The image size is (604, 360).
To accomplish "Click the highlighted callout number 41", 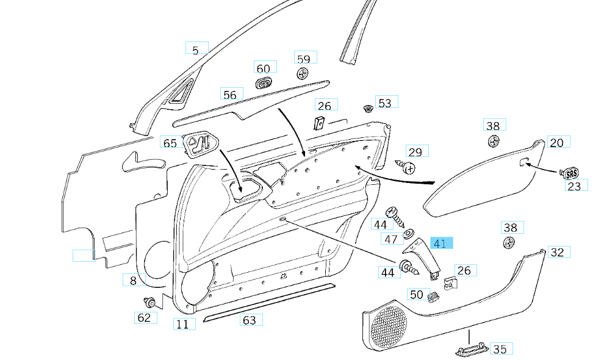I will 440,243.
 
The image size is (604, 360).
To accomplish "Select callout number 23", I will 574,186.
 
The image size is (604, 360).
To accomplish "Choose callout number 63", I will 250,320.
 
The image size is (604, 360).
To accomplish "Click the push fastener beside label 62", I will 149,303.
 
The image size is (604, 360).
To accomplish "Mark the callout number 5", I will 196,50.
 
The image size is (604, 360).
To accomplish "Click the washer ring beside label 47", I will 409,233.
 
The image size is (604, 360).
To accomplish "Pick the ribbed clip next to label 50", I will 434,297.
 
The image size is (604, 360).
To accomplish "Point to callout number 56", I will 230,95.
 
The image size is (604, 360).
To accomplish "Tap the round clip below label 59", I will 303,74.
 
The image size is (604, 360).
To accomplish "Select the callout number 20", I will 556,142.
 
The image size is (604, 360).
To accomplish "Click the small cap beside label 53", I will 368,109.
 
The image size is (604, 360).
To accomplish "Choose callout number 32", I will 557,252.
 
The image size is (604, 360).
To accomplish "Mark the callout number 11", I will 182,324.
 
